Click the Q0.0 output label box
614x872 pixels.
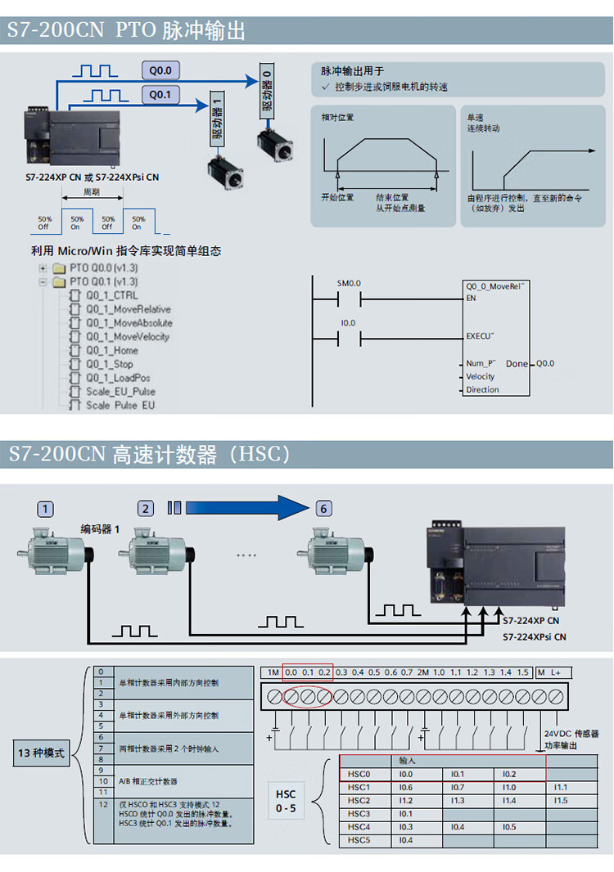tap(162, 70)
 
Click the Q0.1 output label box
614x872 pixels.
tap(160, 96)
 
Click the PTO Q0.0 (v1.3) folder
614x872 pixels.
tap(102, 267)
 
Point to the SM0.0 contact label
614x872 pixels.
tap(349, 283)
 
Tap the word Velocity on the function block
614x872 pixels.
tap(481, 376)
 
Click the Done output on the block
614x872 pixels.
tap(517, 363)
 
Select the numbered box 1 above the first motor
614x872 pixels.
tap(45, 509)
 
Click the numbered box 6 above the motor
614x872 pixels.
tap(324, 509)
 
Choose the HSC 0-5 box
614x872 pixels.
tap(286, 801)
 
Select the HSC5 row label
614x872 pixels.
tap(359, 840)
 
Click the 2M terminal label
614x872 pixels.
tap(423, 672)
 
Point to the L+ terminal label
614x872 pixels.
tap(555, 672)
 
